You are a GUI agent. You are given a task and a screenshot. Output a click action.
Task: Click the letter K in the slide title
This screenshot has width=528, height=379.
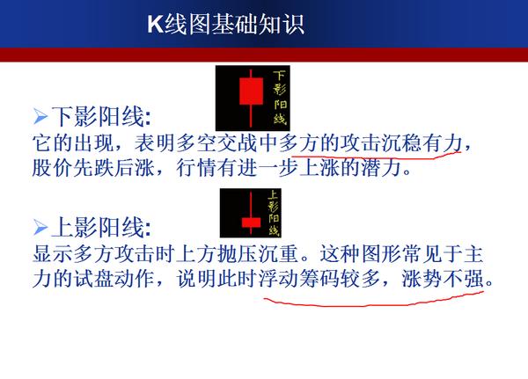(156, 24)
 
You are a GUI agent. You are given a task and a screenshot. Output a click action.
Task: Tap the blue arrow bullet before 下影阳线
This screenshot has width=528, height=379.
(40, 116)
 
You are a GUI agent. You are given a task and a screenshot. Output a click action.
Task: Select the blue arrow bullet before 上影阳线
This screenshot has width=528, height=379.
(40, 227)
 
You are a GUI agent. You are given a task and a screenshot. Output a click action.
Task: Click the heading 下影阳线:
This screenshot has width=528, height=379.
(101, 116)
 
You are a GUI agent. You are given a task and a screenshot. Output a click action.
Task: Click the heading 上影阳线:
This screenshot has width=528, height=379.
(101, 227)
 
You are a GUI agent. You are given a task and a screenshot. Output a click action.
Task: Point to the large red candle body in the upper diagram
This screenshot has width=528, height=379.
(251, 91)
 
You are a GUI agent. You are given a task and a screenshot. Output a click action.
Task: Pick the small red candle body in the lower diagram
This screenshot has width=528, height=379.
(251, 222)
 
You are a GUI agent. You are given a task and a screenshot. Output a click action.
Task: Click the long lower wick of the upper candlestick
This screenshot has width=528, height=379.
(251, 115)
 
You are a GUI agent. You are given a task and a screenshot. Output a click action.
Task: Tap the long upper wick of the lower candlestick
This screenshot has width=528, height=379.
(251, 205)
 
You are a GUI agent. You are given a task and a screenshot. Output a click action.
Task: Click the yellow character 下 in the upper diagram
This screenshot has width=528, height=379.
(279, 77)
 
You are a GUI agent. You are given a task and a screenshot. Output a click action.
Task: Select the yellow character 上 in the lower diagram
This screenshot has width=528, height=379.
(273, 195)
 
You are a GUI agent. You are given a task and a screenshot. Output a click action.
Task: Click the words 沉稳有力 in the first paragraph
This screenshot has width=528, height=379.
(422, 143)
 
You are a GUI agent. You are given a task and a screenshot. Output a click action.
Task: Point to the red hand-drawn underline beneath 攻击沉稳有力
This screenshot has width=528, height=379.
(376, 157)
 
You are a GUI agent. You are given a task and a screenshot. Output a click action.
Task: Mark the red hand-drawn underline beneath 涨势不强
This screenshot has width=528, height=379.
(373, 302)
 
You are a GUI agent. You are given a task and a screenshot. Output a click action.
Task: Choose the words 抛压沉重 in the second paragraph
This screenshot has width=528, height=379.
(258, 254)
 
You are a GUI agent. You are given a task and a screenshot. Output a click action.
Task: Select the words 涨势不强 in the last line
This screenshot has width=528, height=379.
(442, 279)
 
